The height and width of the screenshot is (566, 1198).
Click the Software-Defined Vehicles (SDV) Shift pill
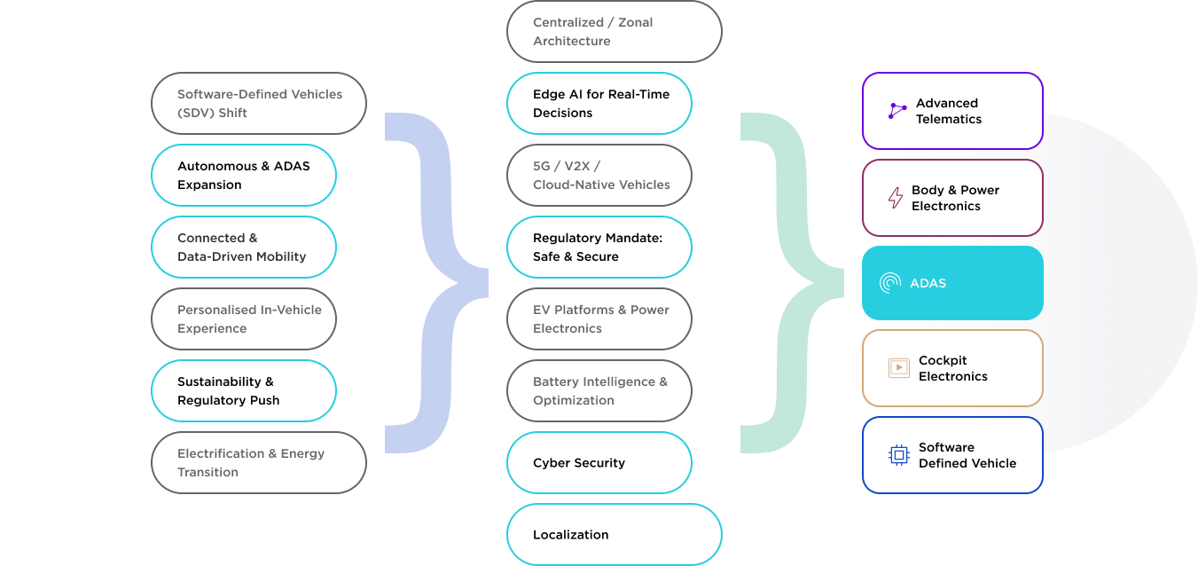coord(259,103)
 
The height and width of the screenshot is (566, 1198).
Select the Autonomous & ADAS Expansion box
coord(244,175)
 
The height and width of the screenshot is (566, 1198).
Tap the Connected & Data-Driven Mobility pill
coord(244,248)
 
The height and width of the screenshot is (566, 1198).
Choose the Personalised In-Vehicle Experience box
coord(244,318)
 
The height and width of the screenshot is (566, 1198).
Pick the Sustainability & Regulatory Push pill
coord(244,390)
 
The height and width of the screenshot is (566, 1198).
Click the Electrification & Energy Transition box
coord(259,463)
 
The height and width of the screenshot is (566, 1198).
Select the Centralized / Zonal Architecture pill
coord(615,32)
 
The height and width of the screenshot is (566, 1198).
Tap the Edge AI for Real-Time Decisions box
coord(599,103)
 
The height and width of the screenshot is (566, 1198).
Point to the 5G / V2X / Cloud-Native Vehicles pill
coord(599,175)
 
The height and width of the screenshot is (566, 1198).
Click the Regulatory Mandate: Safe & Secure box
coord(599,248)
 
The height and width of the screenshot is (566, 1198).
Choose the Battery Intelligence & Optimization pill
coord(599,390)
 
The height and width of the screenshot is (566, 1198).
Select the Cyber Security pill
coord(599,463)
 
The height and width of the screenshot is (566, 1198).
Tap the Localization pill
coord(615,534)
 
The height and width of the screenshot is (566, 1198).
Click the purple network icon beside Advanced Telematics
coord(897,111)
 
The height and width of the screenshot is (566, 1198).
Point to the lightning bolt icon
coord(896,198)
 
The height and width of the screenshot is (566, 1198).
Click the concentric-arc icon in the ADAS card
coord(890,283)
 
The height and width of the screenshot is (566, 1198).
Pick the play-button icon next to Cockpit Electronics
coord(899,367)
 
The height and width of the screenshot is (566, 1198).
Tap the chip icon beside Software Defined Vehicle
coord(899,455)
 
